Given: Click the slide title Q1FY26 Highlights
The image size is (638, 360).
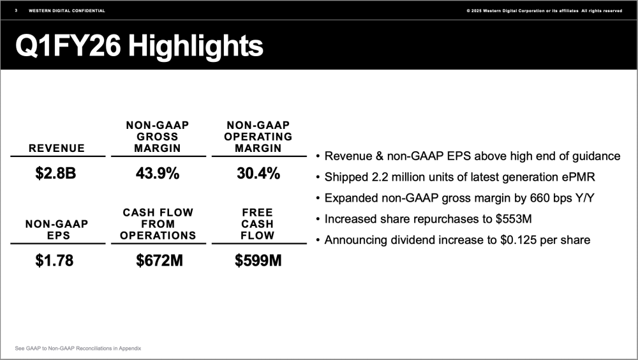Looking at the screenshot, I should (x=139, y=47).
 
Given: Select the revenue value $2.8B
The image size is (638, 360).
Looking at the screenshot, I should (x=56, y=173).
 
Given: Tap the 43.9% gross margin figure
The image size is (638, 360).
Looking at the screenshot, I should (x=158, y=173).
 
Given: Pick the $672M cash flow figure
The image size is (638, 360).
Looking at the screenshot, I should (x=158, y=260).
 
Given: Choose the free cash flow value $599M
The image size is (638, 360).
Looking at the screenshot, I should (x=258, y=260).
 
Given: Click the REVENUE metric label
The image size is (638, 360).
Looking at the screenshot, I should (x=57, y=148).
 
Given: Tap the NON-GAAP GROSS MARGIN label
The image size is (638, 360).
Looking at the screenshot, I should (x=158, y=137).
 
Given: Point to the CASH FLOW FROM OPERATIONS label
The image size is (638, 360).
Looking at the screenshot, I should (x=158, y=223).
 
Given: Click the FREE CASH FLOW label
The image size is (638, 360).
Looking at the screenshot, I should (x=258, y=223).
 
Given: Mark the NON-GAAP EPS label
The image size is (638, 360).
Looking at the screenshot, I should (x=57, y=230).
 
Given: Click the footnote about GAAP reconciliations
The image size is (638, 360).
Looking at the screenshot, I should (x=78, y=348).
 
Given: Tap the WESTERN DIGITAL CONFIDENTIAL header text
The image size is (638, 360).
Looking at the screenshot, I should (x=67, y=11).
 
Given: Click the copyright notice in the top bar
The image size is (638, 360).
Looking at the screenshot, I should (x=544, y=11).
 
